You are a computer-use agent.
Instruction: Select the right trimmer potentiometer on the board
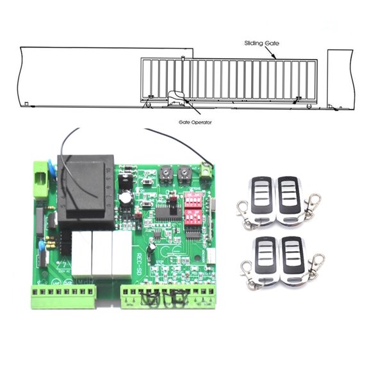[x=184, y=173]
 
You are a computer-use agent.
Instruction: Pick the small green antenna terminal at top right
[x=206, y=172]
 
